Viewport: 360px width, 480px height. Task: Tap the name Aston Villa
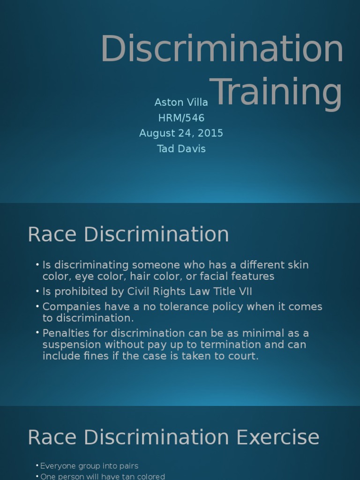click(x=181, y=102)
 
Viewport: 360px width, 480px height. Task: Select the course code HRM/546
click(x=181, y=118)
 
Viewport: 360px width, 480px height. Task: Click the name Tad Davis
click(x=181, y=149)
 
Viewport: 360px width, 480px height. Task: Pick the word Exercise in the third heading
click(x=278, y=437)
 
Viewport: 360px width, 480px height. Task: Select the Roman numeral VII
click(x=246, y=292)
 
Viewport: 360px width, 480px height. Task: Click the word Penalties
click(x=65, y=333)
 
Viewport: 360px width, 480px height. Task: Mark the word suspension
click(x=72, y=345)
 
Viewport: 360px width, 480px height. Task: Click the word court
click(x=244, y=356)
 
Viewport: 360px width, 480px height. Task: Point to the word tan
click(x=116, y=477)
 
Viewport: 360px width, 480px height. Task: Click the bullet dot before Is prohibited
click(x=37, y=292)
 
